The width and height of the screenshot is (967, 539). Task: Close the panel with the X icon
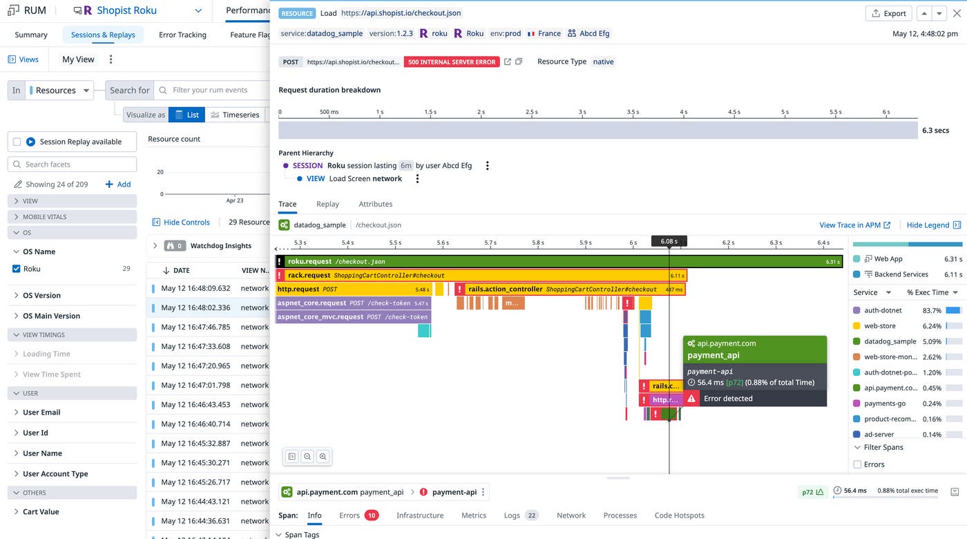click(x=957, y=13)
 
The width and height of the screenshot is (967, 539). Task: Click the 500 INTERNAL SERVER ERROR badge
click(x=452, y=62)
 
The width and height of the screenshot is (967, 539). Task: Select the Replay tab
click(x=327, y=204)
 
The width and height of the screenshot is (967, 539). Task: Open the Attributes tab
click(x=375, y=204)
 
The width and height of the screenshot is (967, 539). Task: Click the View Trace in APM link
click(x=854, y=225)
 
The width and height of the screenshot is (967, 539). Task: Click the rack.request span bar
click(x=483, y=275)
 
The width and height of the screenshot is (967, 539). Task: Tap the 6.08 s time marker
click(x=669, y=241)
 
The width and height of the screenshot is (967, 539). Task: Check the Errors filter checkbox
click(x=857, y=464)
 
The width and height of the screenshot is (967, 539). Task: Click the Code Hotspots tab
click(x=679, y=515)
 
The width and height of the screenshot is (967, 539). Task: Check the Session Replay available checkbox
click(x=17, y=142)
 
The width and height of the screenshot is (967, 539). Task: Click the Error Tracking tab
click(x=182, y=35)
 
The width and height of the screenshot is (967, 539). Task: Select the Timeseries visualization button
click(x=235, y=115)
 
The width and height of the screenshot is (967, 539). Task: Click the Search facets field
click(x=73, y=164)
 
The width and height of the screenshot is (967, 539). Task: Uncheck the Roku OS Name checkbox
click(x=17, y=269)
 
